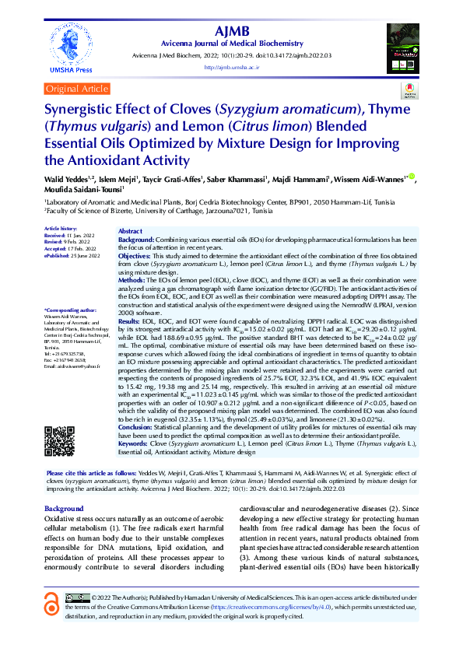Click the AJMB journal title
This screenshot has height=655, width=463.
(237, 31)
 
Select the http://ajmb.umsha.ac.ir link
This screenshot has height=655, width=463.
(237, 68)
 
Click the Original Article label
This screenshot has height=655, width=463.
(77, 89)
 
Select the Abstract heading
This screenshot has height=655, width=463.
(131, 232)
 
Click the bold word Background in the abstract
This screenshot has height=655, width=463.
(136, 240)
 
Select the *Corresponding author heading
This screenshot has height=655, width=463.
(71, 310)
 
